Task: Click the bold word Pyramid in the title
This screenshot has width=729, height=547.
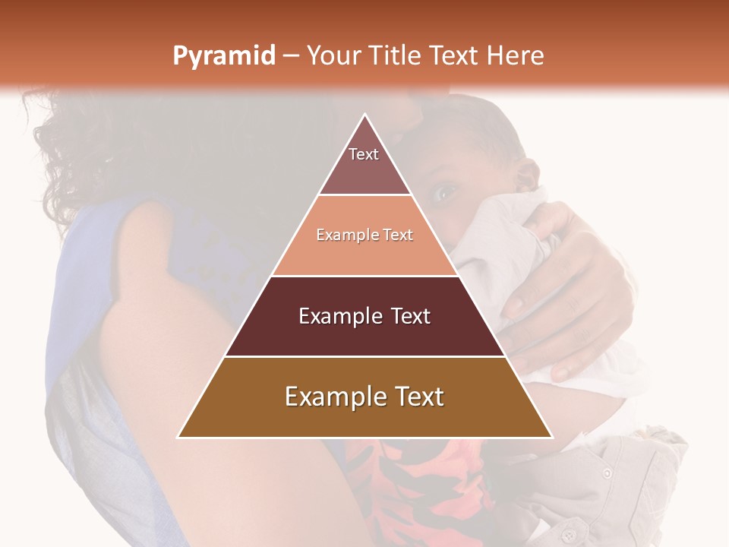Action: [224, 56]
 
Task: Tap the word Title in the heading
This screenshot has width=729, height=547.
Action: [396, 56]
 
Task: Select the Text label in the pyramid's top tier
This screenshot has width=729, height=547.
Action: [364, 154]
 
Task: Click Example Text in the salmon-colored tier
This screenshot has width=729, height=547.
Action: [364, 235]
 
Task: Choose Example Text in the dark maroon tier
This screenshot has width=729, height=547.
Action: [364, 316]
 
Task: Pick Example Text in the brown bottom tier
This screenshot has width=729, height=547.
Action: [364, 397]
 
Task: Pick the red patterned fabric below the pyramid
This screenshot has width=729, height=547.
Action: [425, 486]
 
